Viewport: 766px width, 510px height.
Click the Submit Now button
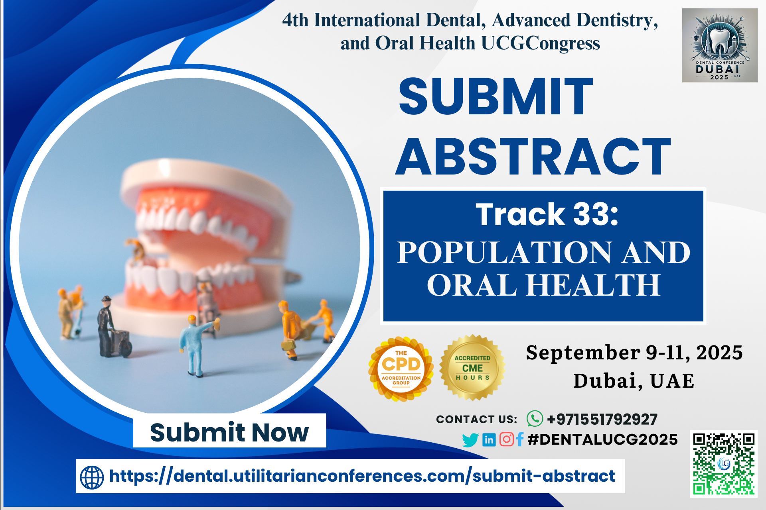[x=229, y=431]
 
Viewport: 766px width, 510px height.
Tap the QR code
[x=723, y=464]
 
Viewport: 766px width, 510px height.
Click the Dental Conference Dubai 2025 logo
[x=720, y=45]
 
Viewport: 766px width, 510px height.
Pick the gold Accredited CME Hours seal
[x=472, y=367]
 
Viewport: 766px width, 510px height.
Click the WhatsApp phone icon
[x=535, y=419]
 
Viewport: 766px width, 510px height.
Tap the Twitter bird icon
[x=470, y=440]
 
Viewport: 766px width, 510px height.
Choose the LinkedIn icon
[x=489, y=439]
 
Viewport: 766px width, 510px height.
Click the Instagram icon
[x=507, y=439]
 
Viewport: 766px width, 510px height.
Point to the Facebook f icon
[x=519, y=439]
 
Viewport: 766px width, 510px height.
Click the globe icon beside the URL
[x=92, y=477]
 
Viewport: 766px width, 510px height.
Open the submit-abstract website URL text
[x=362, y=476]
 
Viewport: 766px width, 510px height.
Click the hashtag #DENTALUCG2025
[x=602, y=439]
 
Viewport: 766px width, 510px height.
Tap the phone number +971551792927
[x=602, y=419]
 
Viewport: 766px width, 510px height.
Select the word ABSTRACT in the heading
[x=533, y=157]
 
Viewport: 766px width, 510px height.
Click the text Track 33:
[x=547, y=214]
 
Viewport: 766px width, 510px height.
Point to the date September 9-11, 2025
[x=634, y=353]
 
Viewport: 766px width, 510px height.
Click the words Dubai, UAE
[x=634, y=381]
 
